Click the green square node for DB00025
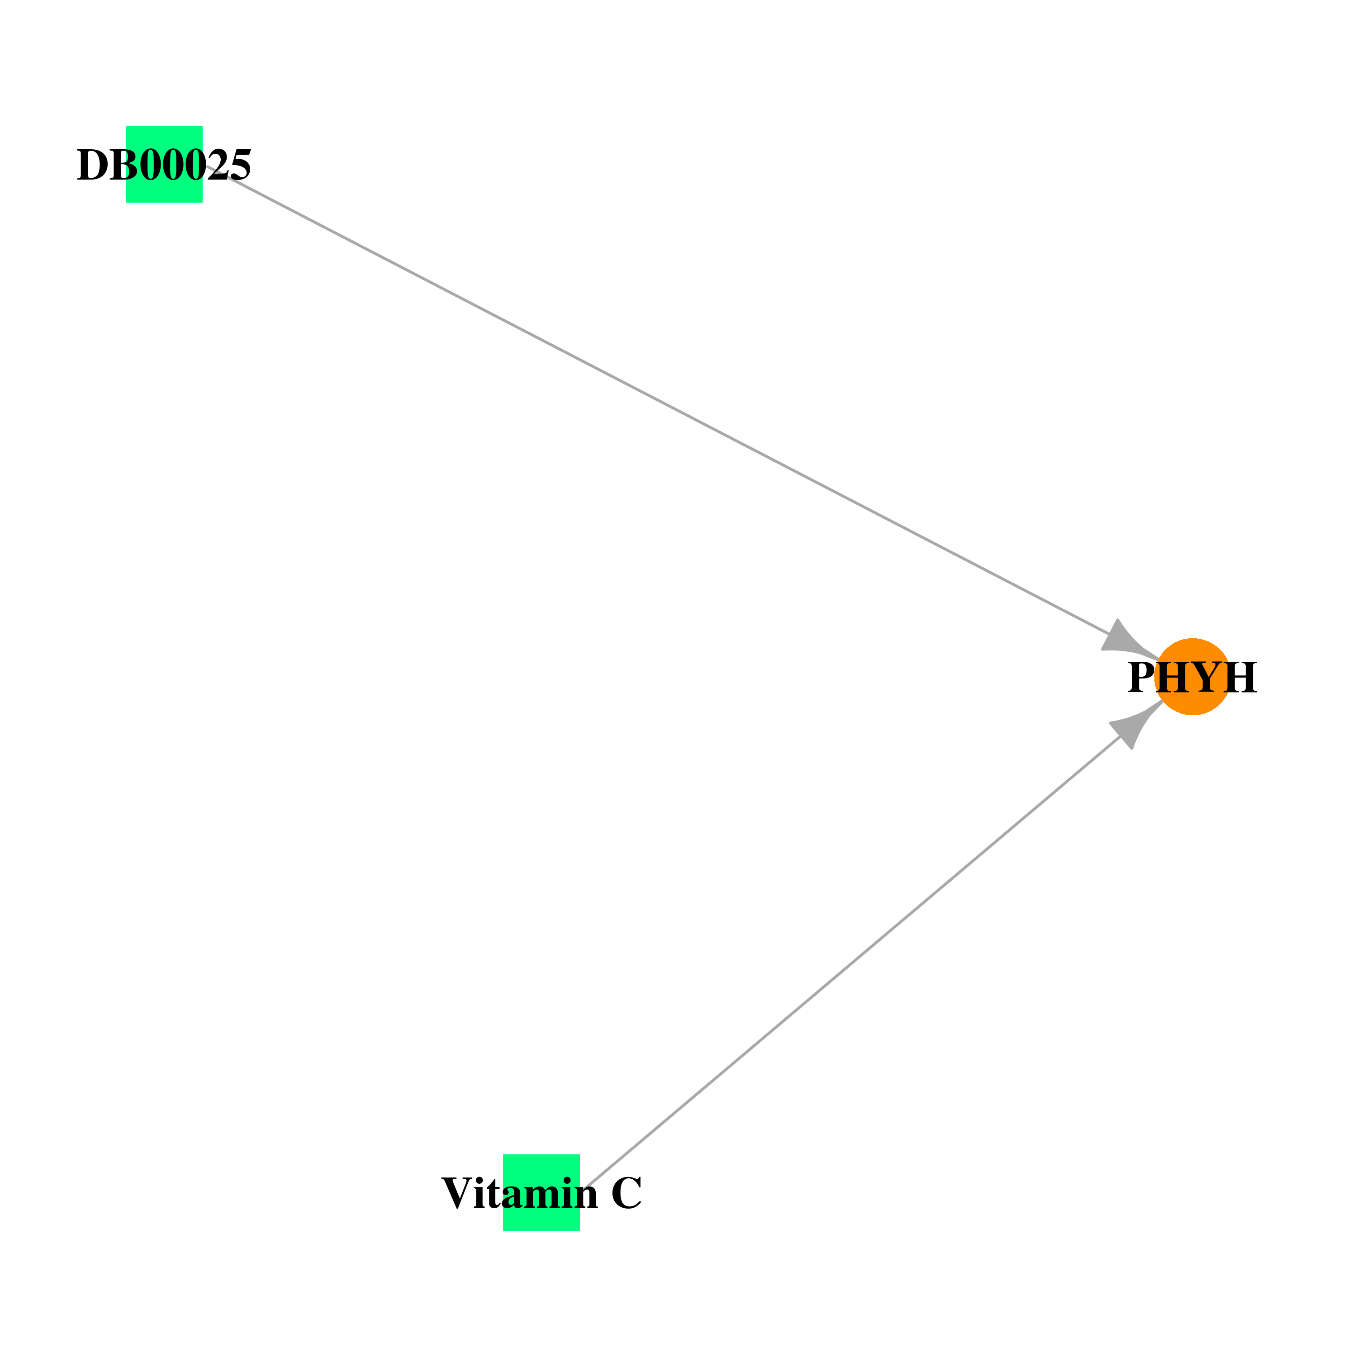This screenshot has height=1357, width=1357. [164, 164]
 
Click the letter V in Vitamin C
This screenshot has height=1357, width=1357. [457, 1193]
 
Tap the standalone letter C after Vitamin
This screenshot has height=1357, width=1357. [626, 1193]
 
